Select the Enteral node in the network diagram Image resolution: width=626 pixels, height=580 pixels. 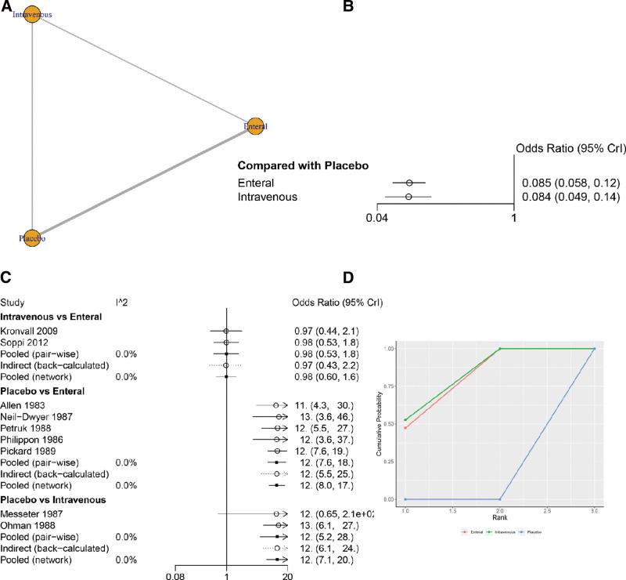pos(254,126)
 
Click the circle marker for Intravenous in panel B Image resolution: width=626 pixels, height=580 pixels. pos(408,197)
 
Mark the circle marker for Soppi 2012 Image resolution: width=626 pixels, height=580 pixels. pos(225,342)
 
